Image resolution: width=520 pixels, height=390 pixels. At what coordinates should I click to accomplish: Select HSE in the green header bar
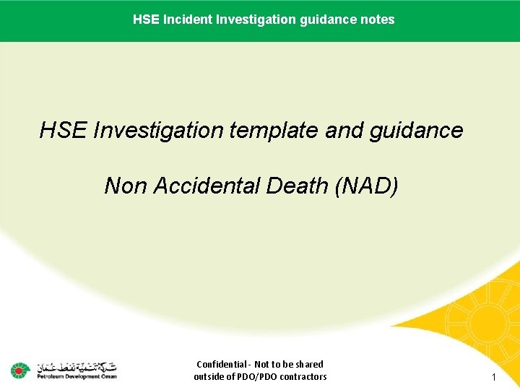tap(144, 19)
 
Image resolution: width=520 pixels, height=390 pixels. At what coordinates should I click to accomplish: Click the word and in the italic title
tap(343, 131)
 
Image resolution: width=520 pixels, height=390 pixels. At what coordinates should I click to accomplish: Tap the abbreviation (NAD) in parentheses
tap(366, 186)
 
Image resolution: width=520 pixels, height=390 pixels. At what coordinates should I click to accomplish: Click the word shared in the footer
tap(308, 365)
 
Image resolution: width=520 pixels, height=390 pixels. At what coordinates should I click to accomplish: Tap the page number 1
tap(494, 378)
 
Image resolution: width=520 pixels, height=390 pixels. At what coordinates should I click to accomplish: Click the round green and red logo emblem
tap(19, 370)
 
